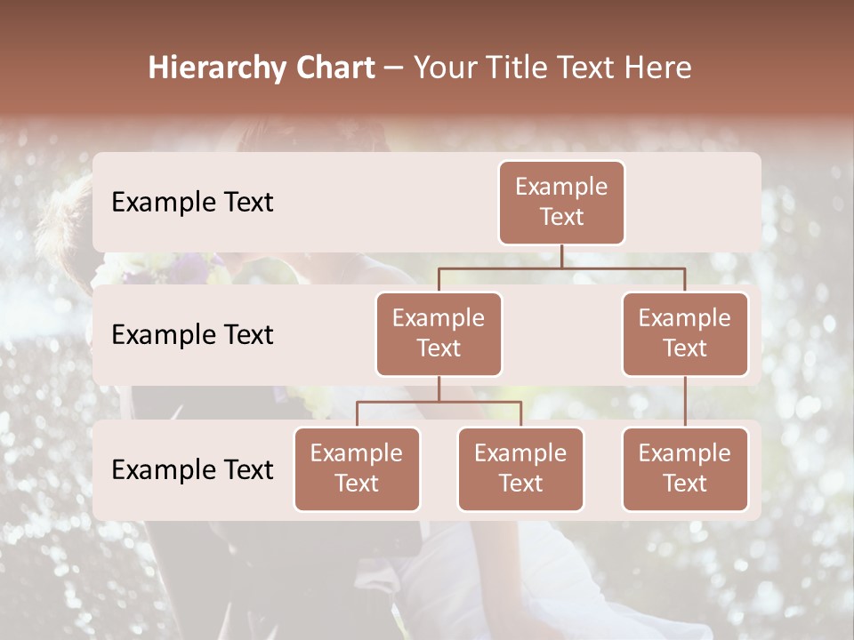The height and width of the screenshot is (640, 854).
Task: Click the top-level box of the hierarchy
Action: (x=561, y=203)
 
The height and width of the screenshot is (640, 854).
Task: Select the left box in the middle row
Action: (x=439, y=334)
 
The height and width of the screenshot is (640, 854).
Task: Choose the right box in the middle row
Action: (x=685, y=334)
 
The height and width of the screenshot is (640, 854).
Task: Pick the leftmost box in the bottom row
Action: (x=357, y=469)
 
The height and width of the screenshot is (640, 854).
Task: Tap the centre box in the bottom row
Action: (x=520, y=469)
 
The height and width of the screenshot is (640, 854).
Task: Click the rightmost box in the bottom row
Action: (x=685, y=469)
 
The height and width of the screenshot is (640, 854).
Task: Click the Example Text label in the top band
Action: (x=192, y=203)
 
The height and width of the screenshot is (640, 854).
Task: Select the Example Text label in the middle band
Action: (x=192, y=335)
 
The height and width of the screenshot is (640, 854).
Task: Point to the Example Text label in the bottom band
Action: (x=192, y=470)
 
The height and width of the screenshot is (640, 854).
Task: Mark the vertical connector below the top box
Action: (x=561, y=256)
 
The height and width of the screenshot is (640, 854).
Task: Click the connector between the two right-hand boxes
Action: (x=685, y=402)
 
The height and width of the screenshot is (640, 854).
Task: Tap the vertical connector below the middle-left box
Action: (x=439, y=389)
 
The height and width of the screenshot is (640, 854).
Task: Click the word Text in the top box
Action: (x=561, y=217)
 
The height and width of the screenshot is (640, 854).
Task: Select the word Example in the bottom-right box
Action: (x=685, y=453)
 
